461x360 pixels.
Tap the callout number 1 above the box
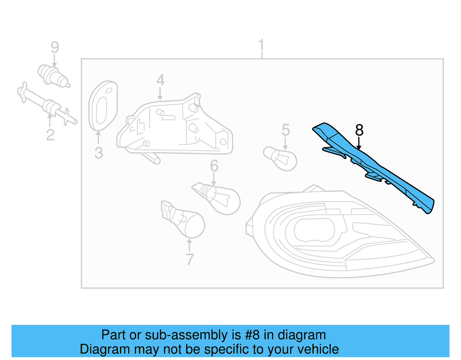[x=261, y=46]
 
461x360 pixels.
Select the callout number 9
[x=55, y=48]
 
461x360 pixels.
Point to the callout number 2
[x=50, y=135]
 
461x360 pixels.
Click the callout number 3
[x=99, y=153]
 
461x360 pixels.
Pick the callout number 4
[x=160, y=80]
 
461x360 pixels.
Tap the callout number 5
[x=286, y=130]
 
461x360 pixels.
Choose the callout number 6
[x=214, y=166]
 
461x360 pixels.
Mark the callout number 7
[x=190, y=259]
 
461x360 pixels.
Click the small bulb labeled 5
[x=281, y=158]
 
